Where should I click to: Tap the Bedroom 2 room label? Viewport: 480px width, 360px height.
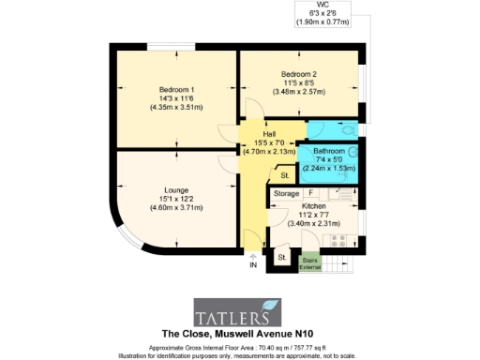pyautogui.click(x=301, y=74)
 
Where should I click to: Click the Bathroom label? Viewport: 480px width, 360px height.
pyautogui.click(x=329, y=151)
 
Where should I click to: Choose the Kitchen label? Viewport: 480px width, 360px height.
pyautogui.click(x=313, y=206)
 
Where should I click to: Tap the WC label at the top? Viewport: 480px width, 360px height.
pyautogui.click(x=322, y=5)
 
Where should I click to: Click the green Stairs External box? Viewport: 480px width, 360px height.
pyautogui.click(x=309, y=262)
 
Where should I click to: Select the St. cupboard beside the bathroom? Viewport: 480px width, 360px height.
pyautogui.click(x=283, y=175)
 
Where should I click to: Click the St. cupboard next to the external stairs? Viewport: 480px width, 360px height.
pyautogui.click(x=280, y=257)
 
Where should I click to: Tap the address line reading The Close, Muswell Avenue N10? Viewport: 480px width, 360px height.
pyautogui.click(x=240, y=334)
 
